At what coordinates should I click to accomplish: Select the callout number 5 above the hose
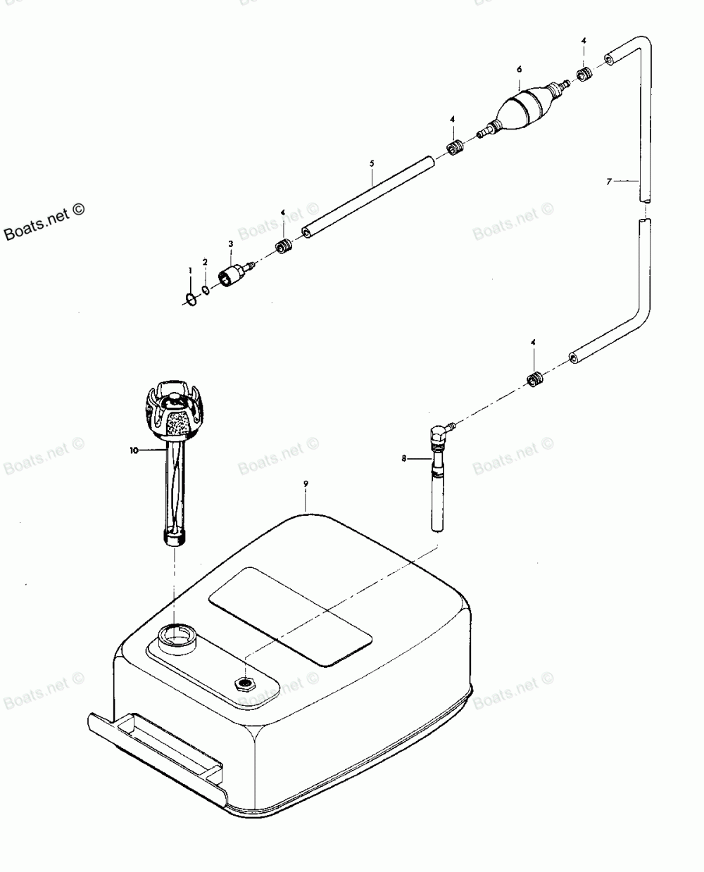371,163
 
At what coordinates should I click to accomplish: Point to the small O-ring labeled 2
205,291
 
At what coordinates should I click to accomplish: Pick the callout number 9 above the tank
306,484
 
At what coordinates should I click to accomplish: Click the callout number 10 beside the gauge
134,450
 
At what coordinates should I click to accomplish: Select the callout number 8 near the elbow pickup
404,458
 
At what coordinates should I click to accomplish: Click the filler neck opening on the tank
175,638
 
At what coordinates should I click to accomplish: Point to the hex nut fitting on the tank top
245,683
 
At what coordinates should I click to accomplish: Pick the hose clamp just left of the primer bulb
454,149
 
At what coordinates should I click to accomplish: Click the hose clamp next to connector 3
284,246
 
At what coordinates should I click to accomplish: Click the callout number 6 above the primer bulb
519,69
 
